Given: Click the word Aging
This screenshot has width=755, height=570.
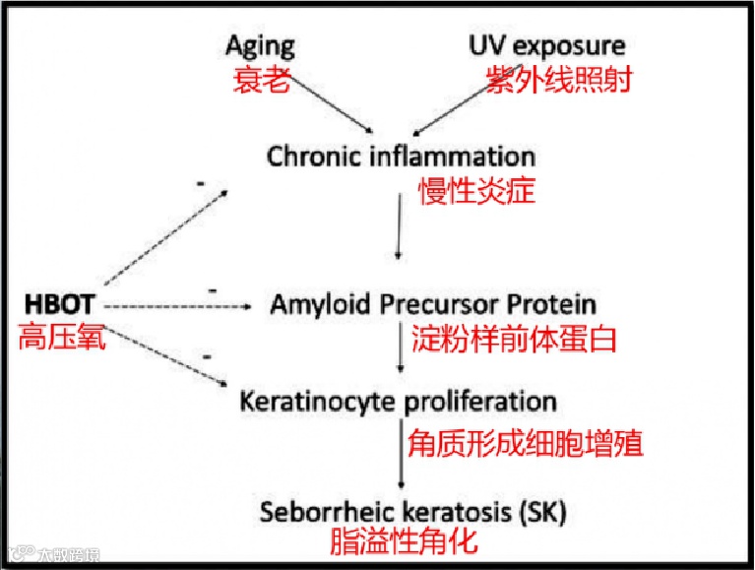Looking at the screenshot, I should point(260,46).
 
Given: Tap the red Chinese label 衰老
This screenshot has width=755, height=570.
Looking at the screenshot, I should point(261,80).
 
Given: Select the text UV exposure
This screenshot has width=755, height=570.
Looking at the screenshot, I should point(546,45).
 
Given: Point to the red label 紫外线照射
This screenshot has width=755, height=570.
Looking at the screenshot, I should point(557,80).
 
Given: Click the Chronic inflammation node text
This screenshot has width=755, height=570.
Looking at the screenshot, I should point(402,157).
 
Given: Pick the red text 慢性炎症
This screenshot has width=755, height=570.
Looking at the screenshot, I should point(476,190).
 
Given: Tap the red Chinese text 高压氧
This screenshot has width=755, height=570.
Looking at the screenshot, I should point(61,340).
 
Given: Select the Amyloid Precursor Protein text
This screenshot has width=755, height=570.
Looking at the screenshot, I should point(433,304).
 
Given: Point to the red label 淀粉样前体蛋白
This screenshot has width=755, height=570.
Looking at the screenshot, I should point(513,340).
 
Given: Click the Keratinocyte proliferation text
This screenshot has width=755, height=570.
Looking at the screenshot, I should point(398,402).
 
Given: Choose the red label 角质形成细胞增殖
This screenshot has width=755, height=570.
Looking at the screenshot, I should point(525,442).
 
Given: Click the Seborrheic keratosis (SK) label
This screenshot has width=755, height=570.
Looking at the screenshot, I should point(413,512).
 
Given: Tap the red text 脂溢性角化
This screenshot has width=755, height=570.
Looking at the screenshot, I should point(404,541).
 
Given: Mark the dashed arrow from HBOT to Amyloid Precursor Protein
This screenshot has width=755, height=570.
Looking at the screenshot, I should point(177,307).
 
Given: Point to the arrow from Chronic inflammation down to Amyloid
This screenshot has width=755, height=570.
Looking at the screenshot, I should point(399,226).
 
